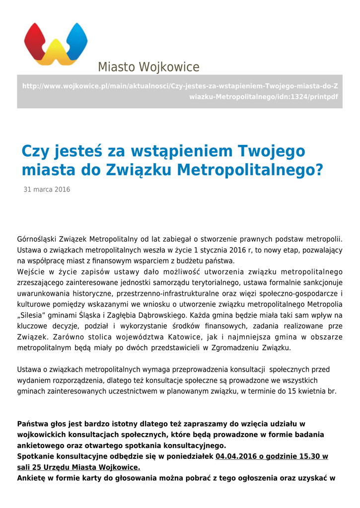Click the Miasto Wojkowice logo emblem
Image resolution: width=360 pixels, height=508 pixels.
tap(56, 44)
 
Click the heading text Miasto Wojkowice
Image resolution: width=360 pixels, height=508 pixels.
tap(148, 67)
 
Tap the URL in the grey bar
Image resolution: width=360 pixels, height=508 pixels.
tap(180, 91)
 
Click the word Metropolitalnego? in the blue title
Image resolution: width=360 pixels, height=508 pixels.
tap(250, 170)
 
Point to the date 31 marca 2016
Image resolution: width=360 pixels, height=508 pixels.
tap(47, 190)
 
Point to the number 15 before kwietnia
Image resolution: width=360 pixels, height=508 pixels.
tap(292, 391)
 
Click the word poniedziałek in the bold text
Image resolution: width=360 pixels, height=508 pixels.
tap(188, 456)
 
